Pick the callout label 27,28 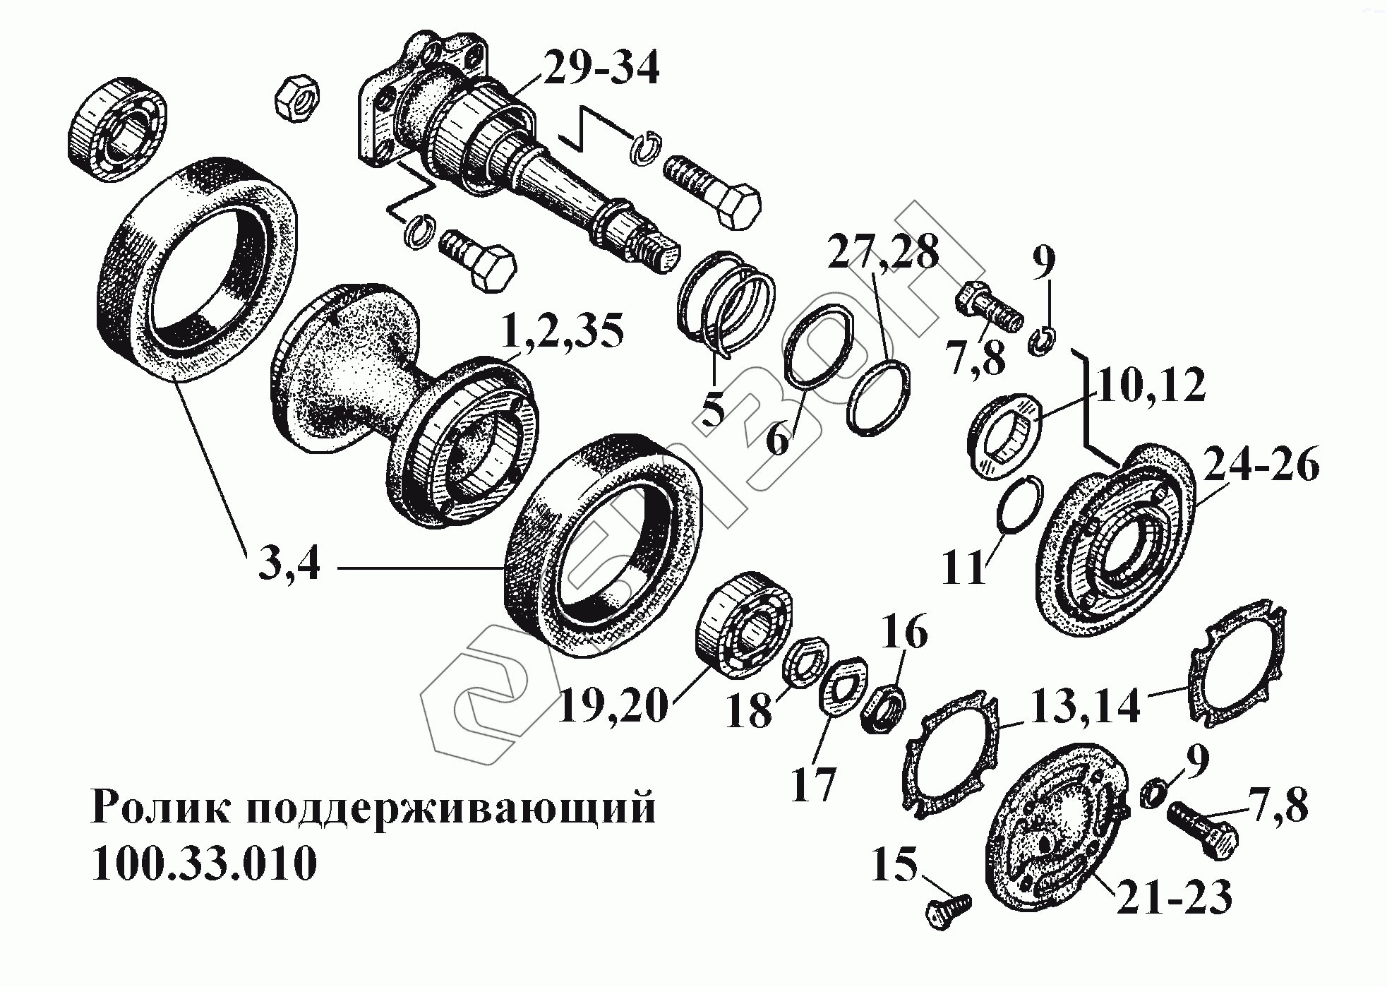tap(883, 252)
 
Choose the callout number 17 tap(814, 784)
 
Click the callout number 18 tap(748, 711)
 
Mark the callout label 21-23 tap(1173, 897)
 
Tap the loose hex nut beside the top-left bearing tap(296, 101)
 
